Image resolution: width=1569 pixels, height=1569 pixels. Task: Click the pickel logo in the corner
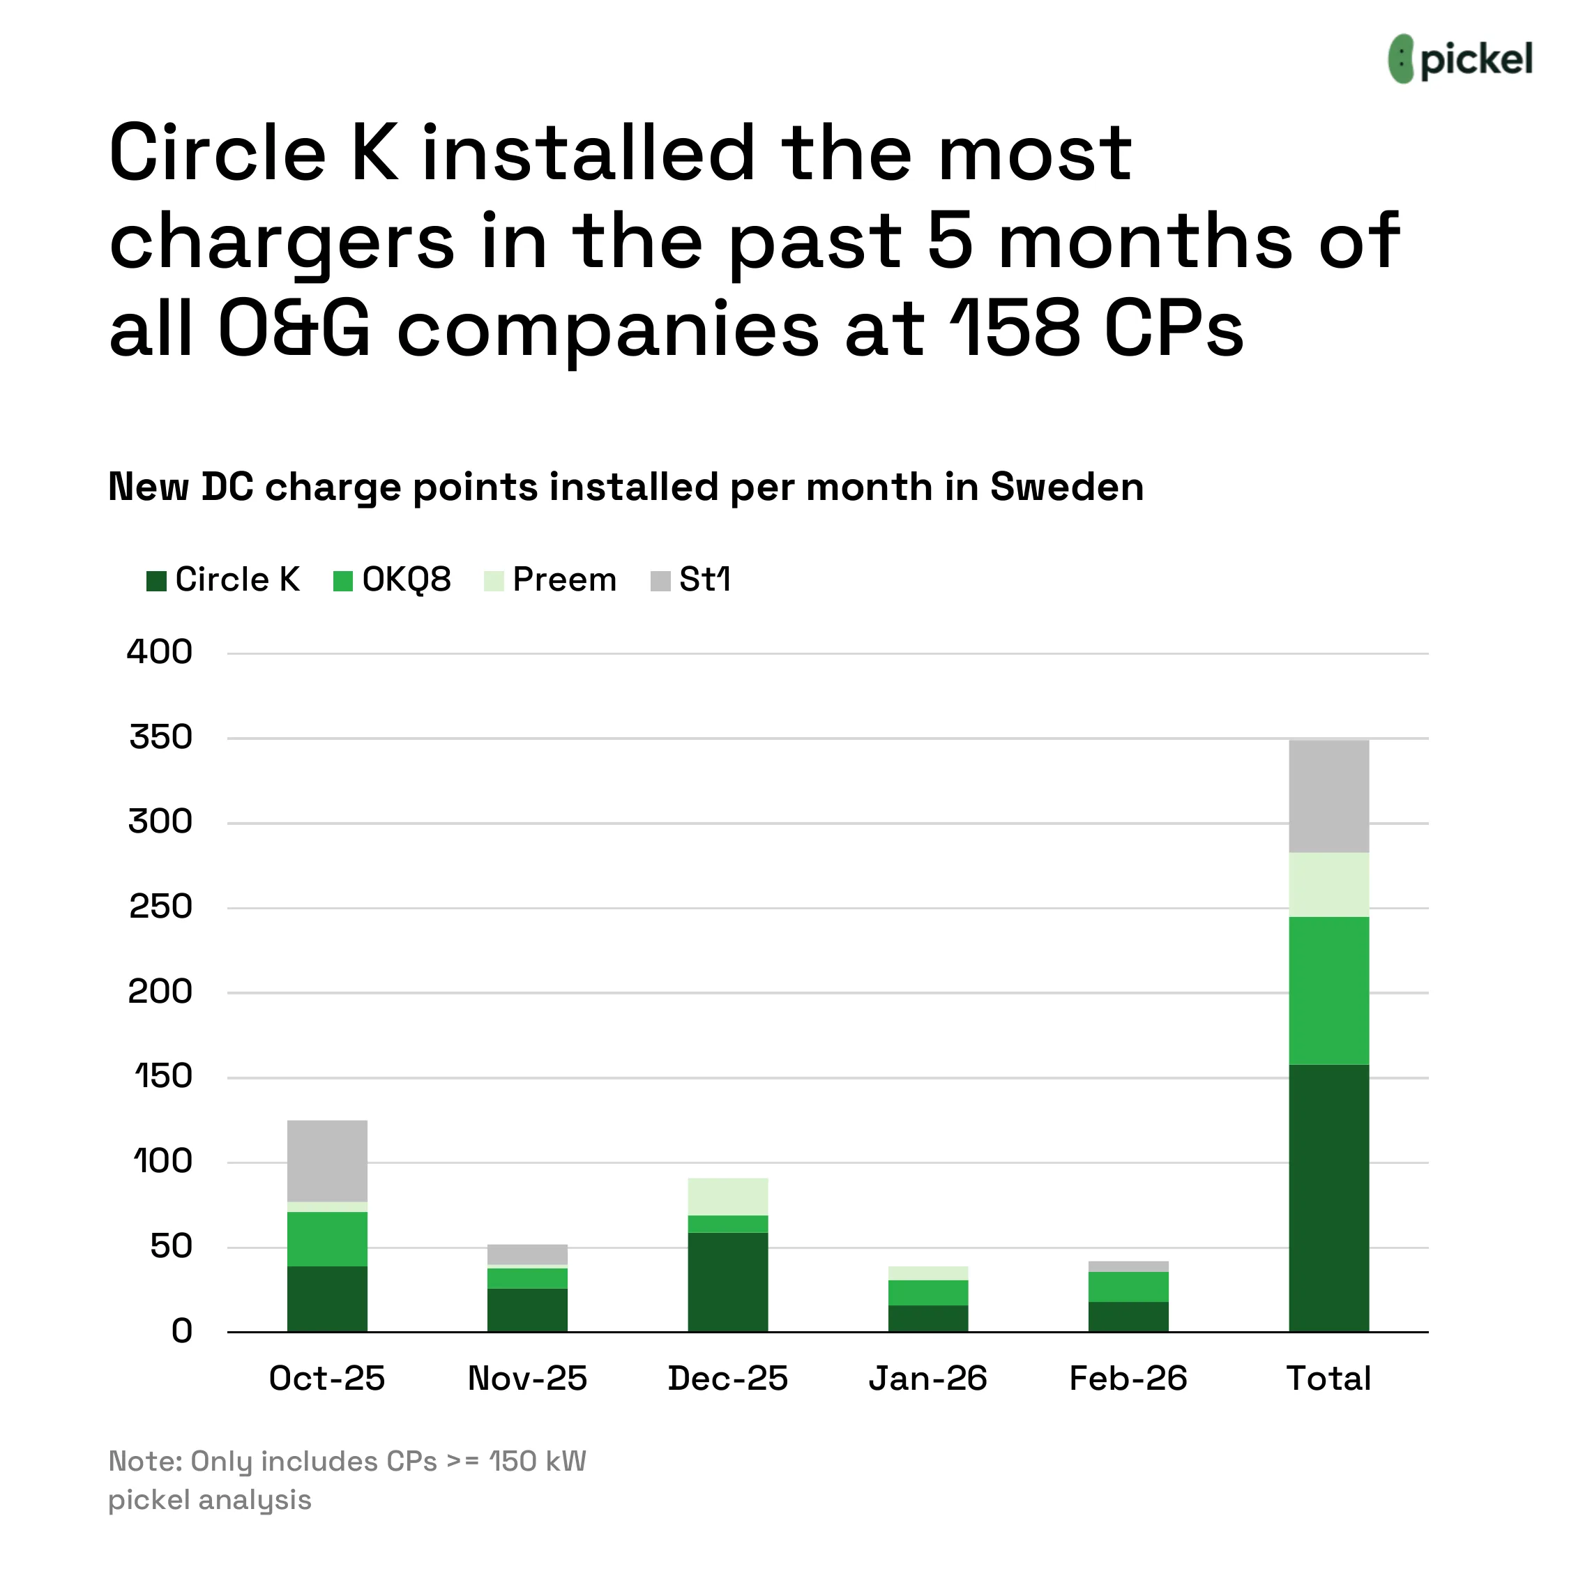click(1460, 59)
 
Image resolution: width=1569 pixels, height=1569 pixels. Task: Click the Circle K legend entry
click(223, 580)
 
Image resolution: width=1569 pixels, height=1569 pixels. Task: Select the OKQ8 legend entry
click(392, 580)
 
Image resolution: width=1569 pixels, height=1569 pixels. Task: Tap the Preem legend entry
click(551, 580)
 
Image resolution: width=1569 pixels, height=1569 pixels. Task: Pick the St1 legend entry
click(691, 580)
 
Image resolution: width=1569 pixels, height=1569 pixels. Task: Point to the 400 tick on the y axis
click(159, 652)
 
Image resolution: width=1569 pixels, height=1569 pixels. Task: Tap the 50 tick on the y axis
click(171, 1247)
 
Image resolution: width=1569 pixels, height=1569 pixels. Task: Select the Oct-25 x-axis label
click(326, 1379)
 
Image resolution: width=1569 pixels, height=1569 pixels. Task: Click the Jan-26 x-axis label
click(927, 1379)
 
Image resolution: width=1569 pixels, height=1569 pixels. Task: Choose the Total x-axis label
click(1328, 1379)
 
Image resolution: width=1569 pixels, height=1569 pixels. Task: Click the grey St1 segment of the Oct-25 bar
click(327, 1160)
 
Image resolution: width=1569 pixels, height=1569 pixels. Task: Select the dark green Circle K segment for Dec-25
click(727, 1282)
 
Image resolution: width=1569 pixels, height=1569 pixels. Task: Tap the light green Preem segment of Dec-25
click(727, 1196)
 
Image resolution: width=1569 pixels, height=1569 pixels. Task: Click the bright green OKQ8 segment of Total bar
click(1328, 991)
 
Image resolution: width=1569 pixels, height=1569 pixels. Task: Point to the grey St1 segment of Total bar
click(1328, 796)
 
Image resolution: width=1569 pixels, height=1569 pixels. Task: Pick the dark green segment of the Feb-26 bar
click(1128, 1317)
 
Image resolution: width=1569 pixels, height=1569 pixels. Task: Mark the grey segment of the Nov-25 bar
click(527, 1254)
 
